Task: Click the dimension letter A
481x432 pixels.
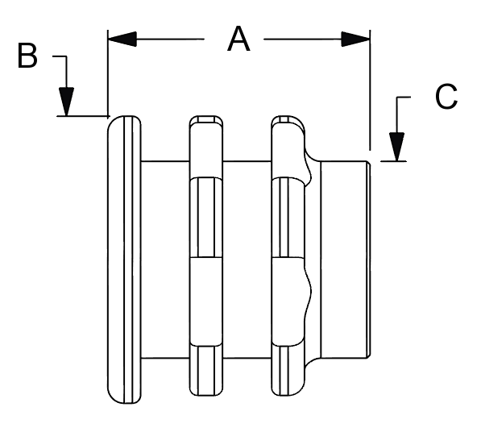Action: click(238, 39)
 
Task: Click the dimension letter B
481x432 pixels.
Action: click(27, 56)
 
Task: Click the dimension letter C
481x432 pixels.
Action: click(446, 97)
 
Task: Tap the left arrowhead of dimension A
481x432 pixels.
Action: click(122, 39)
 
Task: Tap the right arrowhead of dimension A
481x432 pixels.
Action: click(355, 39)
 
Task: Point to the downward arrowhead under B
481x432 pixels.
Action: click(67, 102)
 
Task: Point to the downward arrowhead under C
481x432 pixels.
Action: click(397, 147)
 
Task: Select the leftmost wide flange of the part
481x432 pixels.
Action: click(124, 260)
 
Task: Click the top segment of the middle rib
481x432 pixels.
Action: click(205, 147)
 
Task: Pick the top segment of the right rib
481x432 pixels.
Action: click(288, 147)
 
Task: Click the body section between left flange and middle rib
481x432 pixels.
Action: click(165, 260)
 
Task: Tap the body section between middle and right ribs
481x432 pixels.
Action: click(247, 260)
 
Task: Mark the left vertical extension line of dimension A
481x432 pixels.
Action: click(108, 73)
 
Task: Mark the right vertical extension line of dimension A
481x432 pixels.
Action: click(370, 90)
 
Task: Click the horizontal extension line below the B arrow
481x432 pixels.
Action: click(83, 116)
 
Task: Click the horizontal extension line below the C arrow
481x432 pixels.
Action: click(393, 160)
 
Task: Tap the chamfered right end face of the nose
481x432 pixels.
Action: click(369, 260)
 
